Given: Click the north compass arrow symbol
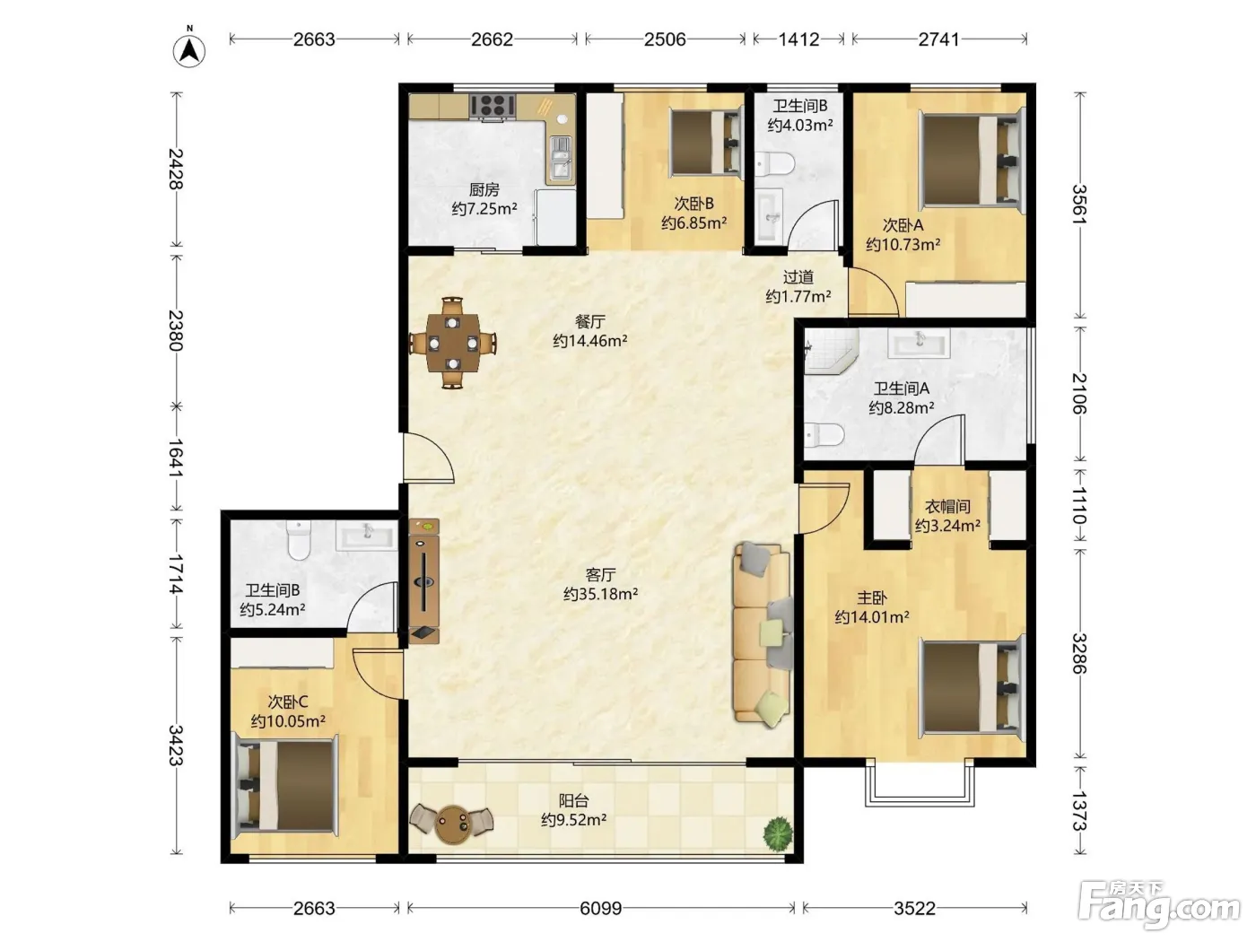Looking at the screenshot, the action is [x=188, y=50].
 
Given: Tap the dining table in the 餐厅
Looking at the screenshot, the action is [x=453, y=343].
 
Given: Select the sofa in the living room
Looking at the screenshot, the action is [x=763, y=634].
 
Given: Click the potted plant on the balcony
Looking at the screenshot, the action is [x=778, y=833].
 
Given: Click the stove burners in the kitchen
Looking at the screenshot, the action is [x=493, y=106].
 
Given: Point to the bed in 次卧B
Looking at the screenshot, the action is [x=706, y=142].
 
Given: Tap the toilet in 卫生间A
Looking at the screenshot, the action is [x=824, y=434].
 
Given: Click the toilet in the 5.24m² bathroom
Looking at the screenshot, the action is [x=298, y=540].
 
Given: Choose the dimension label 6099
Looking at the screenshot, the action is [x=600, y=908].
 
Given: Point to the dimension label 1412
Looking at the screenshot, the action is [x=798, y=39].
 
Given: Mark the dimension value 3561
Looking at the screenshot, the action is [x=1078, y=205].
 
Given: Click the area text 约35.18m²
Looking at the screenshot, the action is [x=600, y=594].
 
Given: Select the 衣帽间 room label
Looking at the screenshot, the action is [x=947, y=506].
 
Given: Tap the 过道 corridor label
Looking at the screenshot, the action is [x=798, y=277].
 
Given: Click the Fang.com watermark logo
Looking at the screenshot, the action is [x=1159, y=905].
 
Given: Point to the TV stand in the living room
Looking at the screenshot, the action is [x=424, y=581].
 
